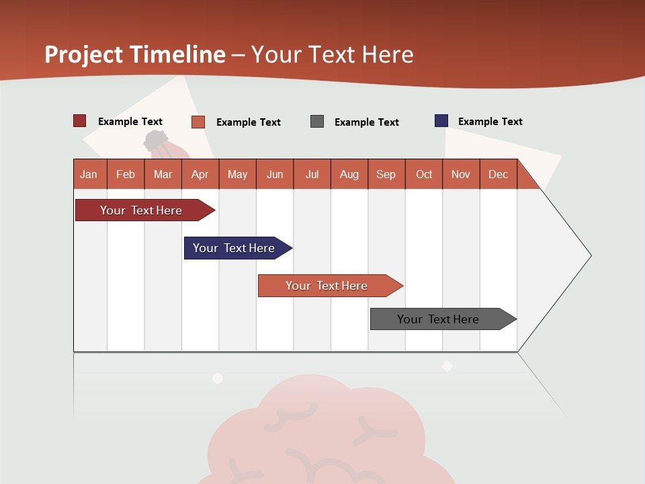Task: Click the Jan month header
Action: tap(89, 174)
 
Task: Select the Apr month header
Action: tap(200, 174)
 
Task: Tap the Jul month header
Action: tap(312, 174)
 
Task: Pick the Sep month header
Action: tap(386, 174)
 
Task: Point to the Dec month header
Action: tap(499, 174)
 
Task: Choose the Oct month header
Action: tap(424, 174)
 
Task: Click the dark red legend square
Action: tap(80, 121)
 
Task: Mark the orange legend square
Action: tap(198, 122)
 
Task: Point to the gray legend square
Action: tap(317, 122)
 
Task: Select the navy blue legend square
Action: tap(441, 121)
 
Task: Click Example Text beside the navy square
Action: tap(490, 122)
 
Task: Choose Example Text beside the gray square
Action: tap(366, 122)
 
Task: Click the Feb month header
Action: tap(126, 174)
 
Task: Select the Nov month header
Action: tap(461, 174)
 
